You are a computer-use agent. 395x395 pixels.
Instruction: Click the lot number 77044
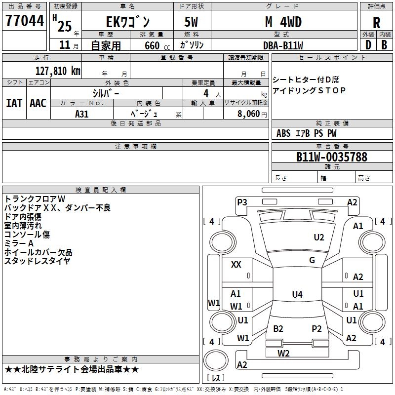click(x=25, y=21)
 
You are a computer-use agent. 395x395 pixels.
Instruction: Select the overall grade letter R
click(x=376, y=23)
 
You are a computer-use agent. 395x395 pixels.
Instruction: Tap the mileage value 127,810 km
click(x=58, y=71)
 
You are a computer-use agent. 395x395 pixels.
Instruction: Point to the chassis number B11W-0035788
click(x=332, y=157)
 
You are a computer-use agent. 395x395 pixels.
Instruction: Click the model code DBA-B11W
click(x=283, y=45)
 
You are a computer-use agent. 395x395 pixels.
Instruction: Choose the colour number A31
click(x=81, y=114)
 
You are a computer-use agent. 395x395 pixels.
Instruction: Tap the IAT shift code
click(x=14, y=103)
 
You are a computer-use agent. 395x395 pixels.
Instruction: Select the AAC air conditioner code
click(x=38, y=103)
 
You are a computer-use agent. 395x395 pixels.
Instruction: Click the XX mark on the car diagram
click(x=236, y=265)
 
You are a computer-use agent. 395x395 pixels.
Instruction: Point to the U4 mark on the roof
click(x=297, y=294)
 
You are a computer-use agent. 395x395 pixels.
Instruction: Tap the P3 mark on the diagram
click(x=242, y=202)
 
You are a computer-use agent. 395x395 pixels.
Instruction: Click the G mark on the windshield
click(x=312, y=260)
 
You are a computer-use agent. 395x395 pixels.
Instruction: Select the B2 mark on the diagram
click(x=278, y=329)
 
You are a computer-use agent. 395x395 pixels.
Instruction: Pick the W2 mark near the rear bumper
click(x=283, y=353)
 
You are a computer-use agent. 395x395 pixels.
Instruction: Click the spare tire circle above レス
click(x=216, y=360)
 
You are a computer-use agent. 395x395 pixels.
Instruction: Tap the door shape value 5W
click(x=191, y=22)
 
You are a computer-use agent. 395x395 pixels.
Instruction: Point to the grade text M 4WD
click(x=283, y=22)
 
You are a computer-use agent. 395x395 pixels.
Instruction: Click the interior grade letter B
click(x=384, y=45)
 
